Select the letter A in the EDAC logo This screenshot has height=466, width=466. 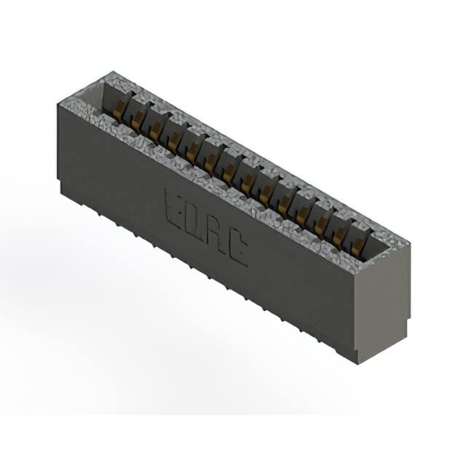(x=216, y=232)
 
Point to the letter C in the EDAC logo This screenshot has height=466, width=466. (x=237, y=248)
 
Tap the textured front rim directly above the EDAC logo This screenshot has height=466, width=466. (x=218, y=193)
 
